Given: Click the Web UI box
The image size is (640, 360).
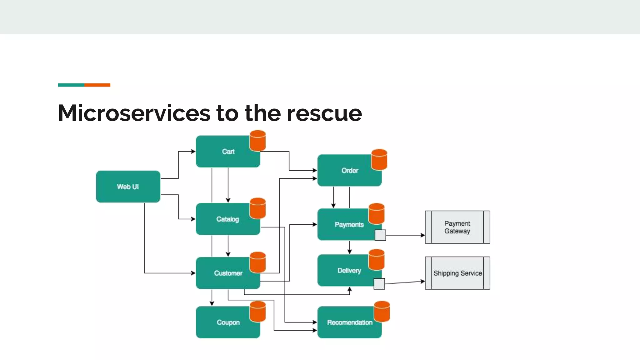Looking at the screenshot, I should coord(128,187).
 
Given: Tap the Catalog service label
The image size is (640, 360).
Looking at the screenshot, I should coord(227,219).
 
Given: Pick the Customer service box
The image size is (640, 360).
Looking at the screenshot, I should coord(225,273).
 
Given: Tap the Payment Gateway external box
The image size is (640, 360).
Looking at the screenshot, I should coord(457,227).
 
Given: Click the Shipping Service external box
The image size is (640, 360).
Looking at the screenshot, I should coord(457,273).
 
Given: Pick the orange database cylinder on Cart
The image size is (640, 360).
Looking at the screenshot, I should coord(258,141).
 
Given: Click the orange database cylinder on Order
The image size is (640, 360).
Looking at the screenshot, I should coord(379,160).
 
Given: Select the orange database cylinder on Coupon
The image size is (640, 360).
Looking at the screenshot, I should coord(258,312).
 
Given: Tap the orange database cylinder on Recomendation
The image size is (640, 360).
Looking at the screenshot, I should coord(382,312).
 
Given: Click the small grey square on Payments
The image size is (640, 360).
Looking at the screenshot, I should coord(380,235).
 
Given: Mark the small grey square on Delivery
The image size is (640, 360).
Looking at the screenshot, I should coord(379,284).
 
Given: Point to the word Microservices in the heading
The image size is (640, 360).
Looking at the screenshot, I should coord(134,113).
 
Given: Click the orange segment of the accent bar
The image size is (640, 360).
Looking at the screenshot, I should coord(97,85).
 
